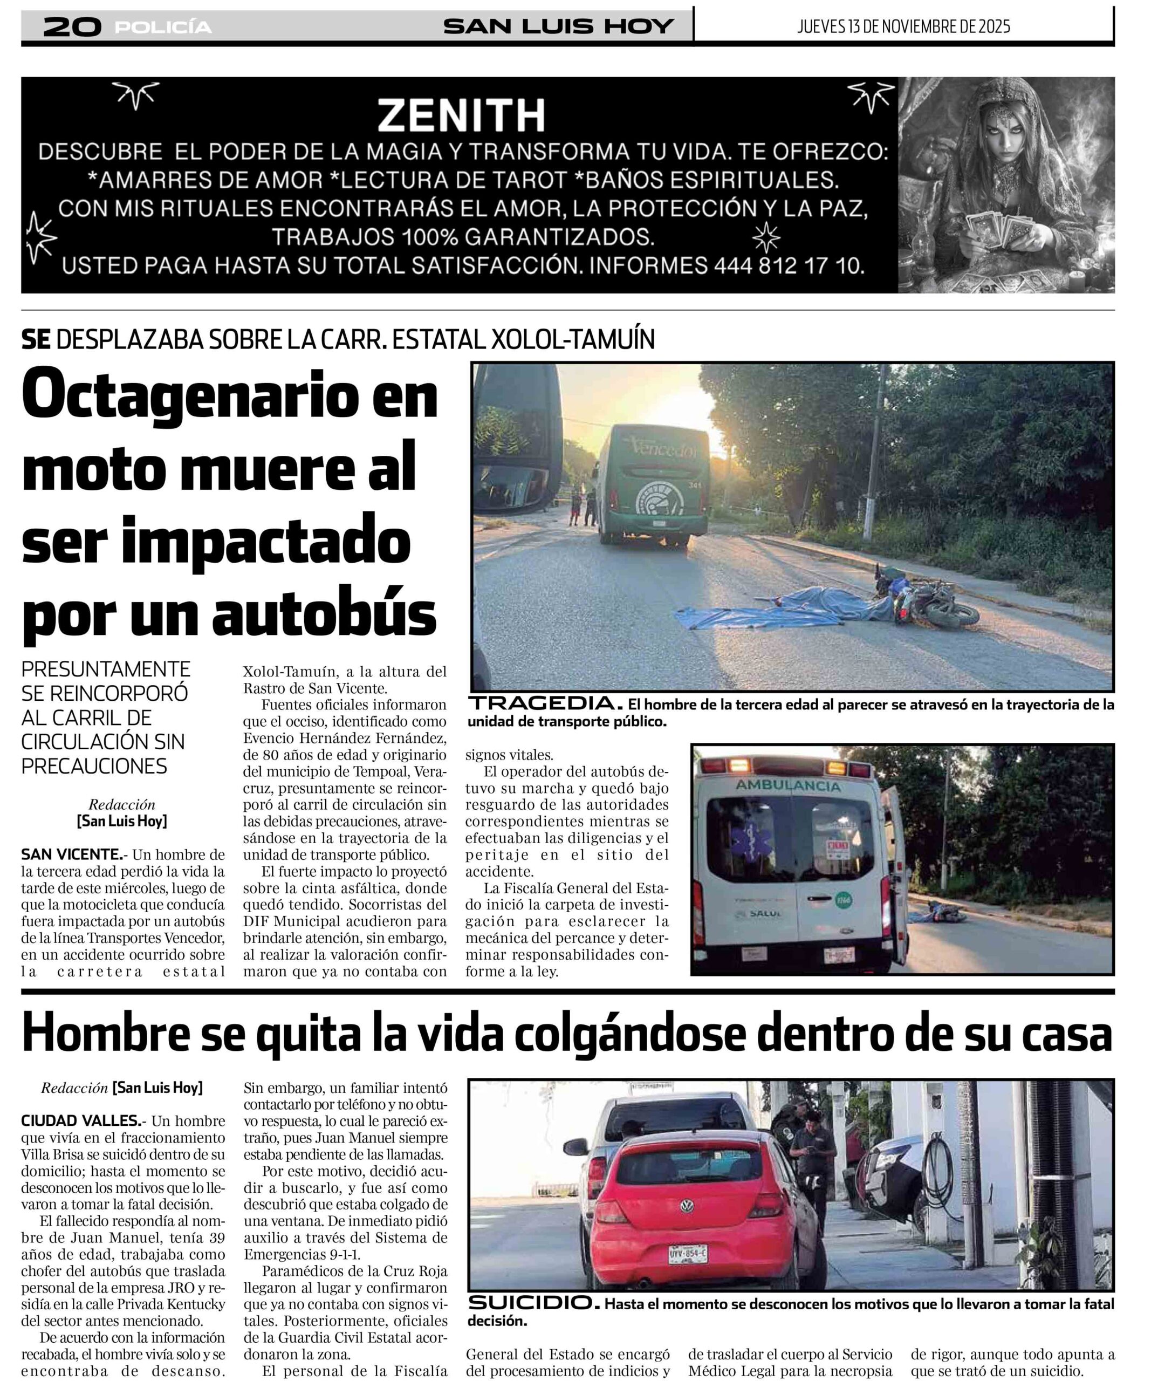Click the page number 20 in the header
point(72,27)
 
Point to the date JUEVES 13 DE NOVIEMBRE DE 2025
point(903,26)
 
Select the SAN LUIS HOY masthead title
point(558,26)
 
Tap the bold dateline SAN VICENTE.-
point(72,855)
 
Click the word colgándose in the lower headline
point(629,1035)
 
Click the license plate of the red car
point(688,1254)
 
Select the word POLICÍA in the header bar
point(163,27)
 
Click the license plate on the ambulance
point(840,955)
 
